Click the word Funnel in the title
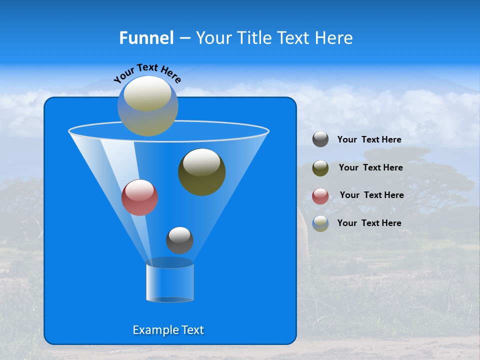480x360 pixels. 146,38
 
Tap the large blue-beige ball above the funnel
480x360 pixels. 148,106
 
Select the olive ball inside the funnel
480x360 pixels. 201,172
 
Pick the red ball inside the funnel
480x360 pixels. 139,197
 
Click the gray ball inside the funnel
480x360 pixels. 179,240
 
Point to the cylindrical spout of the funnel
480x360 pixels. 170,282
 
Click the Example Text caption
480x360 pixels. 168,330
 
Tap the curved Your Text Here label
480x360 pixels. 147,72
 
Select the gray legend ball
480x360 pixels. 320,139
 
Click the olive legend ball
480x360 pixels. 320,168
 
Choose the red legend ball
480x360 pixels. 320,196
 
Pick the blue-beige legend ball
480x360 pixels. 320,223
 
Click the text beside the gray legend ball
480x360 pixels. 369,140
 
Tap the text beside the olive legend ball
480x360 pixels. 370,167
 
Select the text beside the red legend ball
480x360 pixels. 371,195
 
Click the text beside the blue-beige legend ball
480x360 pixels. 369,223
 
